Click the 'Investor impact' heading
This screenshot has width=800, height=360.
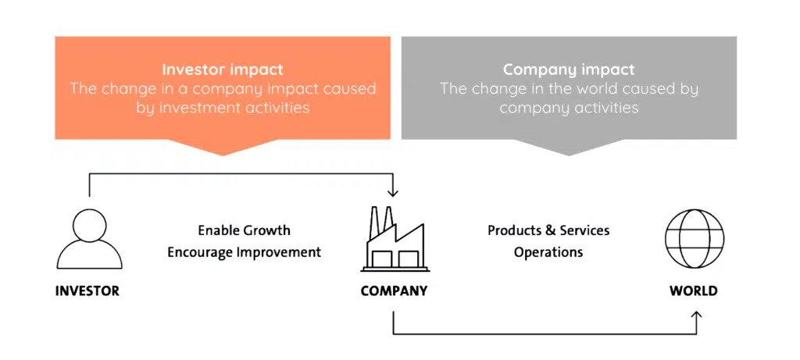[x=223, y=70]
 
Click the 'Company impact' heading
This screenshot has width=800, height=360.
[x=569, y=70]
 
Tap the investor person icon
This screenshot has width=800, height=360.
[x=89, y=239]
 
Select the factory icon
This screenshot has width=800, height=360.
[x=395, y=239]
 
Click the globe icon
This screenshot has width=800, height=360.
[x=695, y=239]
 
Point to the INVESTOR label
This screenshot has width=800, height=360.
[x=87, y=291]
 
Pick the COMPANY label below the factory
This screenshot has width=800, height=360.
[x=394, y=291]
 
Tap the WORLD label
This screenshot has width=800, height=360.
[x=694, y=291]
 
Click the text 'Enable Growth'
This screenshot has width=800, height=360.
[x=245, y=230]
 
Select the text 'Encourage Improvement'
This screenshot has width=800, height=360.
[x=245, y=252]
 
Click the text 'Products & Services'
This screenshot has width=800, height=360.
[x=548, y=230]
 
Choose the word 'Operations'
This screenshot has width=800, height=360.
[x=548, y=252]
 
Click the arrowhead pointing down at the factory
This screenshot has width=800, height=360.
[x=392, y=193]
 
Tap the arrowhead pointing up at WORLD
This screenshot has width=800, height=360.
[x=697, y=315]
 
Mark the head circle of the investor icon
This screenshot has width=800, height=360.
[x=89, y=225]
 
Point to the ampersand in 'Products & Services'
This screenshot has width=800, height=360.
[x=550, y=230]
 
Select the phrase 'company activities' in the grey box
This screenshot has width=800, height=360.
[x=569, y=108]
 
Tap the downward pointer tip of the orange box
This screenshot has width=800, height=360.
[x=223, y=155]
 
